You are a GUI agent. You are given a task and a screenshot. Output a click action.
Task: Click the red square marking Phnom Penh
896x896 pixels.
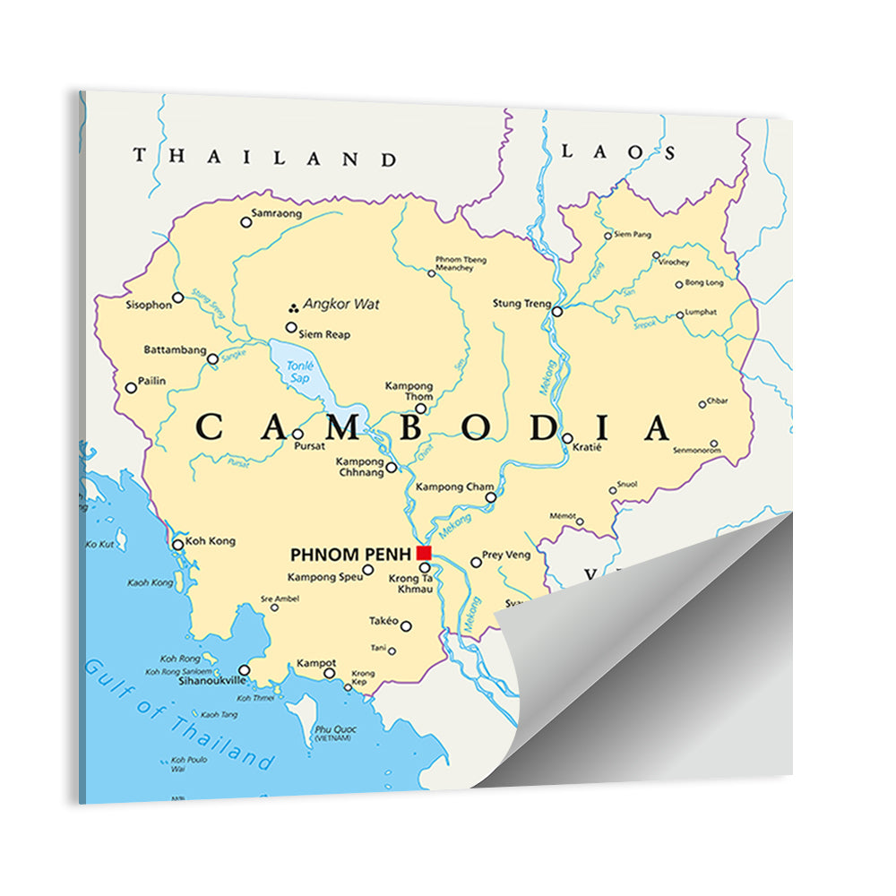pyautogui.click(x=424, y=553)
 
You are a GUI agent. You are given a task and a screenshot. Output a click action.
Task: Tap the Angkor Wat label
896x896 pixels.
pyautogui.click(x=341, y=305)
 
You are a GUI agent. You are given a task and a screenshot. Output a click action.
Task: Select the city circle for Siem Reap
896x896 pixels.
pyautogui.click(x=291, y=328)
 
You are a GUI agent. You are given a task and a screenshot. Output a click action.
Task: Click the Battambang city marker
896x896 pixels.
pyautogui.click(x=212, y=359)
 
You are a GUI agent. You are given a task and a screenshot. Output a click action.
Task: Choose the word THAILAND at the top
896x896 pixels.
pyautogui.click(x=265, y=158)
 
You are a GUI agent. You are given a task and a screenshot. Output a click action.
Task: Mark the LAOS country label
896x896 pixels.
pyautogui.click(x=618, y=152)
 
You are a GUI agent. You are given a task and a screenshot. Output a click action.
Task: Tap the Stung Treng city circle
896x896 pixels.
pyautogui.click(x=557, y=312)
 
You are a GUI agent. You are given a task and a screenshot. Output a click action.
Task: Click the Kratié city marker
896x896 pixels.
pyautogui.click(x=567, y=438)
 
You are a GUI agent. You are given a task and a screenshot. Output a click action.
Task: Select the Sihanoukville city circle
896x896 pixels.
pyautogui.click(x=244, y=670)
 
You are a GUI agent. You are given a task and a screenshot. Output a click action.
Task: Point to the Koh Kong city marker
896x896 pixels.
pyautogui.click(x=177, y=544)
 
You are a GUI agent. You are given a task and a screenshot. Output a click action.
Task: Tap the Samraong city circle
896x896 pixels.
pyautogui.click(x=246, y=222)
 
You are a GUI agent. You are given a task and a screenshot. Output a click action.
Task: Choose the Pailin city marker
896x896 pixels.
pyautogui.click(x=131, y=388)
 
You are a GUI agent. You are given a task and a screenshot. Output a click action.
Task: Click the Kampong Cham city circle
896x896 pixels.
pyautogui.click(x=490, y=497)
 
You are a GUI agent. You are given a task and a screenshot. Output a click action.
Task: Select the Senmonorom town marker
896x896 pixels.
pyautogui.click(x=714, y=444)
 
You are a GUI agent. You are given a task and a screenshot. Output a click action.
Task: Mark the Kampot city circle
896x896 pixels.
pyautogui.click(x=329, y=673)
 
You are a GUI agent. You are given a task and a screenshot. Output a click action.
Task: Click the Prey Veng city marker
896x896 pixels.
pyautogui.click(x=476, y=563)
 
